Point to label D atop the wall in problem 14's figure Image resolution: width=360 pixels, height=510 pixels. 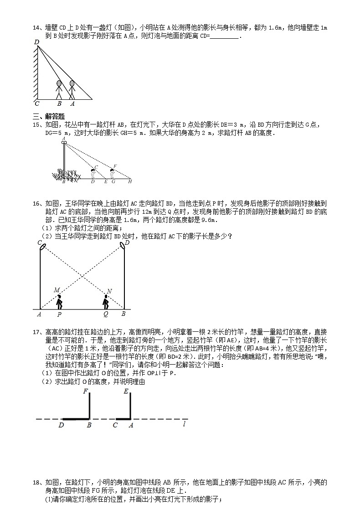coord(36,42)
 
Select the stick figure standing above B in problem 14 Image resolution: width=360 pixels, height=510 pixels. coord(59,90)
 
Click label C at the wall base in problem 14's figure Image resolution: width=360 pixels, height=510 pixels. coord(36,103)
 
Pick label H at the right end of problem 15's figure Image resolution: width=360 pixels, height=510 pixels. coord(130,181)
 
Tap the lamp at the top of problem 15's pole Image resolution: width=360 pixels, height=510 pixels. coord(64,142)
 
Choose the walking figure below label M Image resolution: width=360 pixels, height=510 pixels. coord(59,301)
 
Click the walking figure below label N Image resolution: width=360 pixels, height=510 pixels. coord(106,301)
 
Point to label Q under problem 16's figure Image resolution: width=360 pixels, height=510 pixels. coord(106,314)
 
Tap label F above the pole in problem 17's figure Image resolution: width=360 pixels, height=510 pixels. coord(85,391)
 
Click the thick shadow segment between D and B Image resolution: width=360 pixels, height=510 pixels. coord(75,419)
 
